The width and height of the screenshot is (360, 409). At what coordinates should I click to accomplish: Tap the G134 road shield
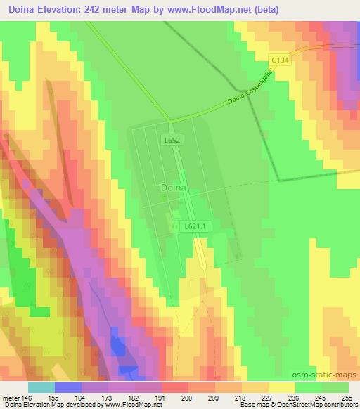coord(280,60)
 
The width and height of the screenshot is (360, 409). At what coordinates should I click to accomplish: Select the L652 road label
coord(174,141)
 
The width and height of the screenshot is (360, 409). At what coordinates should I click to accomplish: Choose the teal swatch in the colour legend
coord(41,387)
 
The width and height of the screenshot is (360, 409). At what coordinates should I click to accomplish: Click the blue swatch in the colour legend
coord(68,387)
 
